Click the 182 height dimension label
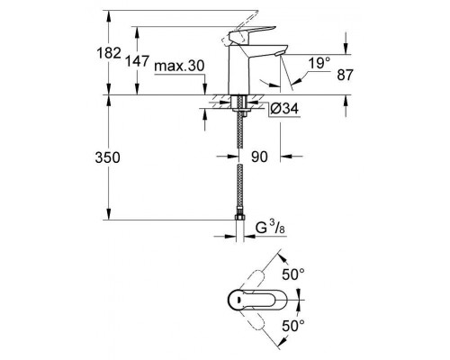coord(109,53)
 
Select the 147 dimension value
coord(137,61)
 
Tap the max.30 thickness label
coord(179,66)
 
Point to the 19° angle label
coord(319,64)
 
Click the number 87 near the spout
coord(346,75)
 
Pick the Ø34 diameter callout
coord(284,109)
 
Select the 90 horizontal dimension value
coord(259,157)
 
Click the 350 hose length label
coord(107,157)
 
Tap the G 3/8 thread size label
coord(270,228)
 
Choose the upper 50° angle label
coord(293,274)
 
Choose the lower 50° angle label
coord(293,326)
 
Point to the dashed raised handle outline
coord(240,27)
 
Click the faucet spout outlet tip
coord(278,53)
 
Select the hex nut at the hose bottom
coord(239,218)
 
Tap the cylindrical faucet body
coord(239,69)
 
